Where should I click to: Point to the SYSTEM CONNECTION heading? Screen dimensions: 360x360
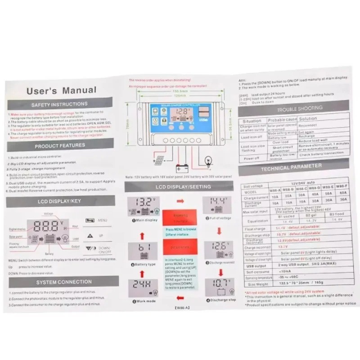(x=63, y=282)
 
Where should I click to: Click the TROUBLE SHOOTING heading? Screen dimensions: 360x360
(x=299, y=108)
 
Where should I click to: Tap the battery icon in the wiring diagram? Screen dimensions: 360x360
(x=182, y=168)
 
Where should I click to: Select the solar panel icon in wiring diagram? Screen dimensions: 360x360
(x=159, y=159)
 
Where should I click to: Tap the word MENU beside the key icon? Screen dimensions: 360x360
(x=103, y=220)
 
